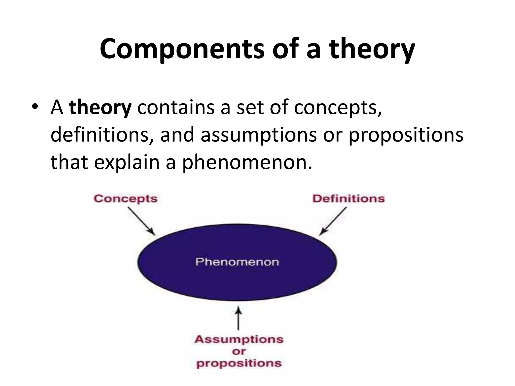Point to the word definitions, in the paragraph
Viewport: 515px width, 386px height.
[102, 135]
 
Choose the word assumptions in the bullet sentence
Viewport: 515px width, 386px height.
[259, 135]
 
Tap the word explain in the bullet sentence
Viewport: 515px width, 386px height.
[127, 162]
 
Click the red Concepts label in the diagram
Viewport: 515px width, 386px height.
[125, 199]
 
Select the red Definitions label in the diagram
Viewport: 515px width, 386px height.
[349, 199]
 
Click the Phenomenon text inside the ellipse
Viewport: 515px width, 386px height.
[237, 262]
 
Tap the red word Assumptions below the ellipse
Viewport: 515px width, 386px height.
[239, 340]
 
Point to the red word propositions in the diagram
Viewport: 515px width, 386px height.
[239, 363]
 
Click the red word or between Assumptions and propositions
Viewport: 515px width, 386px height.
[239, 351]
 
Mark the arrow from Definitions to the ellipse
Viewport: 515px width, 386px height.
[333, 221]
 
